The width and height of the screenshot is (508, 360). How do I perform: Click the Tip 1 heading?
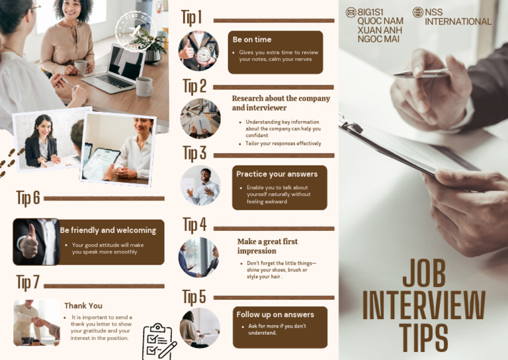point(192,18)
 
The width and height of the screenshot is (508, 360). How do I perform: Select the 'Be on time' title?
point(252,40)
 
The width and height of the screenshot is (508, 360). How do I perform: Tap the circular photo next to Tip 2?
point(200,118)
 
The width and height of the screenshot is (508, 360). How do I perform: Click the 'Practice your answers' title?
point(276,174)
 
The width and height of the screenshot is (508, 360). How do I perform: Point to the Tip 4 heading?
point(194,225)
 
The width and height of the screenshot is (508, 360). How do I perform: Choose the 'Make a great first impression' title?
point(267,246)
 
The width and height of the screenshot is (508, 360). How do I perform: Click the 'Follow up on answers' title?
point(275,314)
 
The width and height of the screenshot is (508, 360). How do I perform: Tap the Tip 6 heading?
point(28,198)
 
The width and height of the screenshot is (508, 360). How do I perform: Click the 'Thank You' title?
point(83,306)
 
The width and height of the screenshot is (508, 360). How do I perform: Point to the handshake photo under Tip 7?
point(36,322)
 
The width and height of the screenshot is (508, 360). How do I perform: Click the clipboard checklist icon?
point(159,341)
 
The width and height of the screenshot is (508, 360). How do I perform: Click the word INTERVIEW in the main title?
point(423,306)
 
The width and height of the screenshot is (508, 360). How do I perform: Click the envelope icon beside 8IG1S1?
point(351,12)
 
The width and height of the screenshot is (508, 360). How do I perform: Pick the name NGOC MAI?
point(378,39)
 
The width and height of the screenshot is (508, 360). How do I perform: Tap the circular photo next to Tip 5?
point(200,328)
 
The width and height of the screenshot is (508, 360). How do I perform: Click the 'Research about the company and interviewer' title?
point(280,103)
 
